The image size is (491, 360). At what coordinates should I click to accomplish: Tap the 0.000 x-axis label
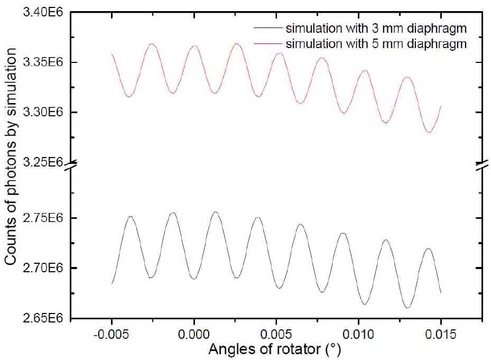pos(194,335)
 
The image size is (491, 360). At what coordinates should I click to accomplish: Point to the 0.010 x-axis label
pos(358,335)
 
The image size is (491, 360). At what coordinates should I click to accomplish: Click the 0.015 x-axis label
pos(441,335)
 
